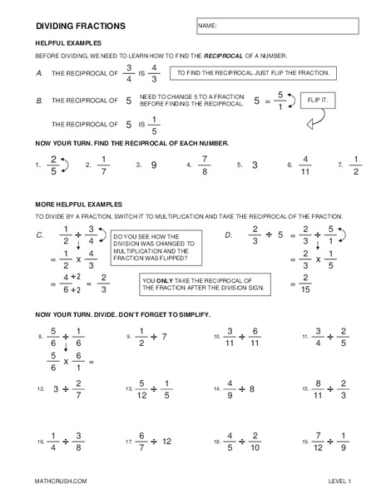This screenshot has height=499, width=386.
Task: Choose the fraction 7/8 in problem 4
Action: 205,166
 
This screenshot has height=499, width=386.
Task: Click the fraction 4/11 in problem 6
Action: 304,166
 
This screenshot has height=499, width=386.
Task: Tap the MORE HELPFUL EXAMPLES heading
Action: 79,204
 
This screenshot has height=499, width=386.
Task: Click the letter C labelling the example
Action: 40,236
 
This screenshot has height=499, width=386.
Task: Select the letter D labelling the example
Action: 228,236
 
